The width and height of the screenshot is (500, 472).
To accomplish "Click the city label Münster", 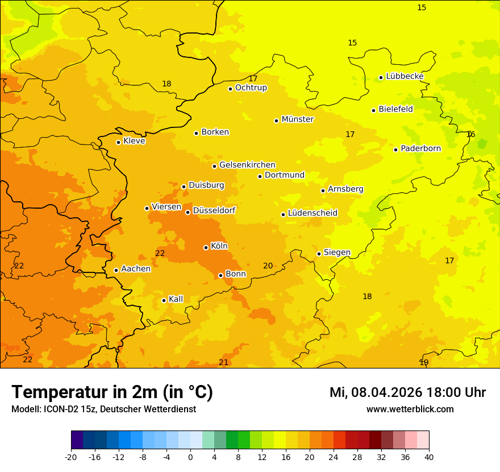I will pyautogui.click(x=297, y=119).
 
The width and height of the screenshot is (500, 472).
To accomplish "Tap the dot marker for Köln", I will pyautogui.click(x=206, y=247).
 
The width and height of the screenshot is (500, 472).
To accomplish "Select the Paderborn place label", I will pyautogui.click(x=420, y=148).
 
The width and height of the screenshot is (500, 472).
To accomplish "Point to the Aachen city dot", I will pyautogui.click(x=116, y=270).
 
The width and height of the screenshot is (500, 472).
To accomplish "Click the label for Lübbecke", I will pyautogui.click(x=405, y=76).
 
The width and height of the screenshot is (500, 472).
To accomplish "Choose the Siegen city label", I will pyautogui.click(x=337, y=252).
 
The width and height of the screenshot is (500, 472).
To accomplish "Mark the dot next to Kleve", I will pyautogui.click(x=118, y=142).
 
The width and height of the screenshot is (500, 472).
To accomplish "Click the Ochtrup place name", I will pyautogui.click(x=251, y=88).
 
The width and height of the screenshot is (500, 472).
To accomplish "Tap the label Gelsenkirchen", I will pyautogui.click(x=247, y=165).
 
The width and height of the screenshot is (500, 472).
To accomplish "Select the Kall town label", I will pyautogui.click(x=176, y=299).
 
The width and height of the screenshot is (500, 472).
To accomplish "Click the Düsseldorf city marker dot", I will pyautogui.click(x=188, y=212).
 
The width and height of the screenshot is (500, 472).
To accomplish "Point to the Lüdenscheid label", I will pyautogui.click(x=312, y=213).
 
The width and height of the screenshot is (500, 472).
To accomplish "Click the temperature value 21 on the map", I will pyautogui.click(x=224, y=362).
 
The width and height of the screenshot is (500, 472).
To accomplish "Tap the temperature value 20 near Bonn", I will pyautogui.click(x=268, y=266).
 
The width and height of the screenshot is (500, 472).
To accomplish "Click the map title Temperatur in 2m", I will pyautogui.click(x=112, y=392).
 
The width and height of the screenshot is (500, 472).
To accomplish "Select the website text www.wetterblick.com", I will pyautogui.click(x=410, y=409).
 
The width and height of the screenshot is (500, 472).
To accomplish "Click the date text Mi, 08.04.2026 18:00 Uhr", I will pyautogui.click(x=407, y=392).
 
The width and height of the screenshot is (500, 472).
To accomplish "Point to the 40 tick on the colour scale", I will pyautogui.click(x=429, y=457).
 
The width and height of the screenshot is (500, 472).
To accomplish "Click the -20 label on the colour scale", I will pyautogui.click(x=71, y=457).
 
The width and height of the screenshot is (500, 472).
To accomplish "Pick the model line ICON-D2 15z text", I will pyautogui.click(x=103, y=409).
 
